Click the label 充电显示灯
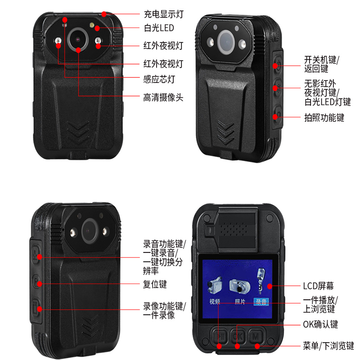click(x=164, y=14)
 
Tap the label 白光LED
click(x=159, y=28)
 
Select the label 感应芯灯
click(x=159, y=79)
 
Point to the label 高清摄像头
click(x=163, y=98)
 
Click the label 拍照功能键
click(x=324, y=117)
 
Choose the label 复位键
click(x=155, y=284)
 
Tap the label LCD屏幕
click(x=319, y=286)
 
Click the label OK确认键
click(x=320, y=324)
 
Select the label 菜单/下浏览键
click(x=328, y=346)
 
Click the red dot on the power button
click(x=275, y=66)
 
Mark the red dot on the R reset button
click(x=40, y=284)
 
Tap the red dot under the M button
click(x=257, y=346)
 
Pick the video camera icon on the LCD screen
click(x=215, y=284)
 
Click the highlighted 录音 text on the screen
click(x=261, y=301)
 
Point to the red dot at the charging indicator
click(x=104, y=14)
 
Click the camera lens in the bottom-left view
click(x=90, y=231)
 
